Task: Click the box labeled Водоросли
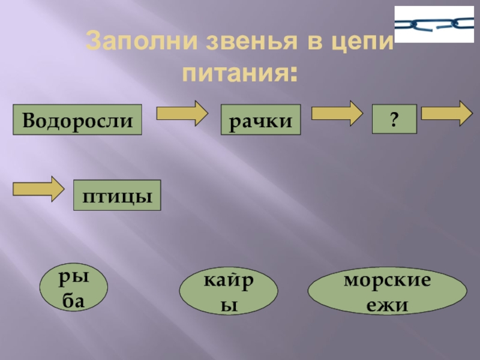click(x=77, y=120)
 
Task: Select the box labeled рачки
click(x=260, y=120)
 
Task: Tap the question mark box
click(x=394, y=119)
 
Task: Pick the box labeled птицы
click(x=117, y=195)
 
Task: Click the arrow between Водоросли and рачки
click(x=182, y=113)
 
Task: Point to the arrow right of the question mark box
click(x=446, y=113)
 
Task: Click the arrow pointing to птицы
click(x=38, y=188)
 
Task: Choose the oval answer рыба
click(x=74, y=289)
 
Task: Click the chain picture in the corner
click(x=434, y=24)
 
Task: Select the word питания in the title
click(x=232, y=74)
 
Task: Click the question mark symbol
click(x=394, y=119)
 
